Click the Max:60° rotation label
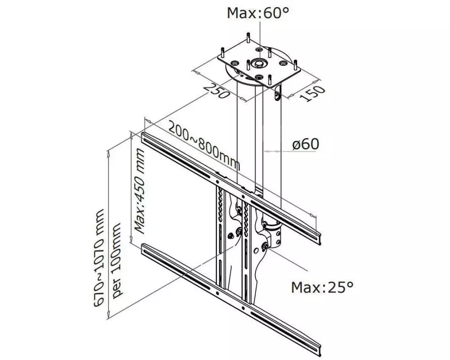pyautogui.click(x=257, y=13)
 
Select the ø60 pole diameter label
pyautogui.click(x=306, y=144)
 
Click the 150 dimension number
pyautogui.click(x=313, y=93)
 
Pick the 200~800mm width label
pyautogui.click(x=204, y=145)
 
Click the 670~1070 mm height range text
pyautogui.click(x=99, y=258)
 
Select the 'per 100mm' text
pyautogui.click(x=117, y=261)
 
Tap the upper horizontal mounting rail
pyautogui.click(x=231, y=189)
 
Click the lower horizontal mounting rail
pyautogui.click(x=231, y=300)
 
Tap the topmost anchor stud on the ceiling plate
pyautogui.click(x=248, y=38)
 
